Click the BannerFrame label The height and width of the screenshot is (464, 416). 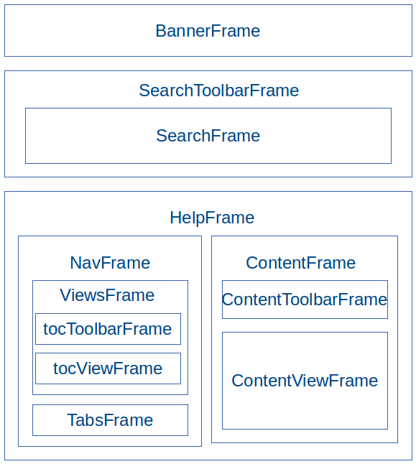[208, 31]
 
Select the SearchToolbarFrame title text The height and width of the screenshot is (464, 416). [219, 91]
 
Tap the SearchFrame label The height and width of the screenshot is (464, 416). [208, 136]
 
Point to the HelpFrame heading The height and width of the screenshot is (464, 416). [212, 218]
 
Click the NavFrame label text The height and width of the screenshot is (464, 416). [110, 263]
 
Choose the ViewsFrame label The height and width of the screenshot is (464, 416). [107, 295]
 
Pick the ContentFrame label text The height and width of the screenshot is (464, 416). [301, 263]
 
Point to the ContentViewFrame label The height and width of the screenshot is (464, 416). [305, 381]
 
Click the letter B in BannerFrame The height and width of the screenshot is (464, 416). [161, 31]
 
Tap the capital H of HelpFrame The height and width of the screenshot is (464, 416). [175, 218]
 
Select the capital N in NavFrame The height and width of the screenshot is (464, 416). [75, 263]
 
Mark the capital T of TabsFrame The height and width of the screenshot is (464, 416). [73, 420]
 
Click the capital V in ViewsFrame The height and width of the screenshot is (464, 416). [65, 295]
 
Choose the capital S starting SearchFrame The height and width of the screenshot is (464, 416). [162, 136]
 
